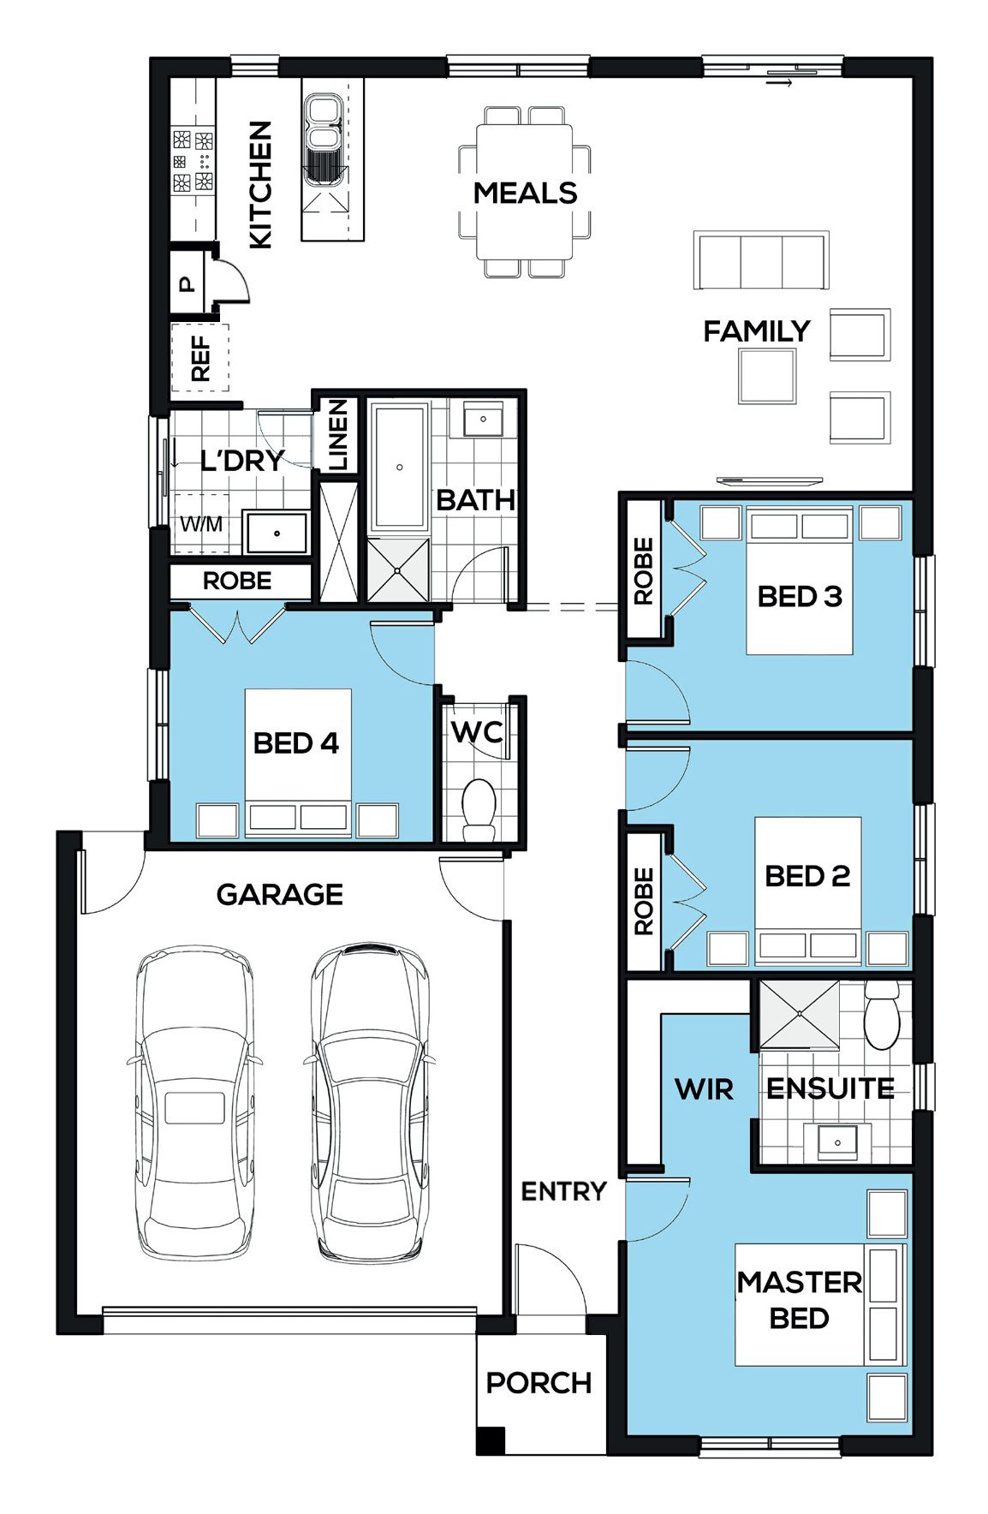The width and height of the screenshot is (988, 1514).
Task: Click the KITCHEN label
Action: pos(260,184)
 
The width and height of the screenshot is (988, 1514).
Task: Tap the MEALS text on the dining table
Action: pos(525,193)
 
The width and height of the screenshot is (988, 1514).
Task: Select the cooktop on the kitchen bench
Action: pos(193,160)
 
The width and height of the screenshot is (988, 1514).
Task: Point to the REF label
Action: pos(200,358)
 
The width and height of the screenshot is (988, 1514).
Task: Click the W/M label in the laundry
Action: pos(201,523)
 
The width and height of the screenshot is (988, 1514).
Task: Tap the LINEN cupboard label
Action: pos(339,434)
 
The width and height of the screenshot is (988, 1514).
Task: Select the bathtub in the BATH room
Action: pos(399,468)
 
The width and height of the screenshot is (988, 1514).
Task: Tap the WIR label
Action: pos(704,1089)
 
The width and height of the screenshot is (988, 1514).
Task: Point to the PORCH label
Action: pos(539,1382)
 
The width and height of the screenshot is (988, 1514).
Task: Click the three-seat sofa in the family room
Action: pos(761,260)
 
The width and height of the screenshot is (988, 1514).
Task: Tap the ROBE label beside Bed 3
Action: pos(644,570)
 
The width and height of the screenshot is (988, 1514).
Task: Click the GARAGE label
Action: pos(279,894)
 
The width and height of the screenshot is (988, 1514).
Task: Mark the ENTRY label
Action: pos(563,1190)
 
